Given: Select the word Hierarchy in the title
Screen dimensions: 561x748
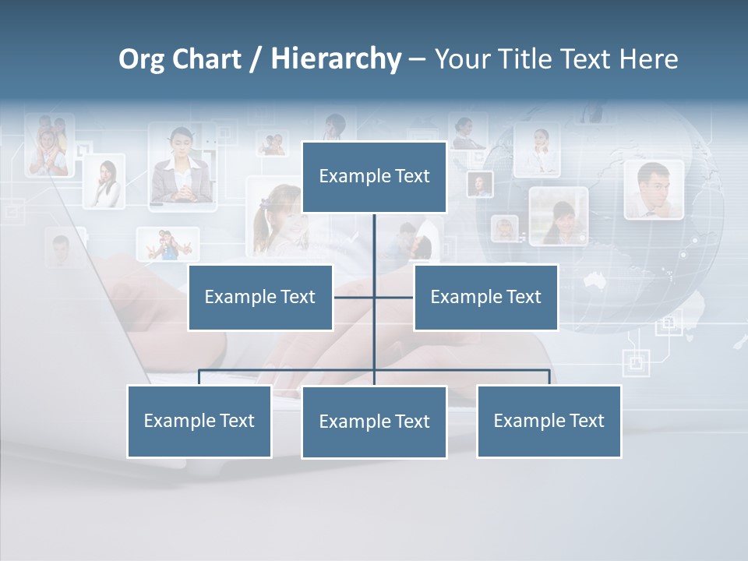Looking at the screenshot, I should click(x=336, y=60).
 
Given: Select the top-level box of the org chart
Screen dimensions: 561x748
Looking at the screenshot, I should click(x=374, y=177).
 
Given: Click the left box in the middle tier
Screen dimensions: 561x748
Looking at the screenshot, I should click(x=260, y=297).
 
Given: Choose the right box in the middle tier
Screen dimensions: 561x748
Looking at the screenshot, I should click(x=485, y=297).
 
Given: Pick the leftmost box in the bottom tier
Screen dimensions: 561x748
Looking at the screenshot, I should click(x=199, y=421).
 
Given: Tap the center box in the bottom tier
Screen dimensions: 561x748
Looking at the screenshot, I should click(x=374, y=422).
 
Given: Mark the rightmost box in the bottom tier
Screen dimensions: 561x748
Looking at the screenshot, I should click(x=549, y=421).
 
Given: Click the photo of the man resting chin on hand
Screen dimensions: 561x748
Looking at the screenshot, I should click(x=653, y=189).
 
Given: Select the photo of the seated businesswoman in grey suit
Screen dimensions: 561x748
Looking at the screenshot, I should click(x=182, y=168).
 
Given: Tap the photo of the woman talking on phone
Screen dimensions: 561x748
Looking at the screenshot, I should click(x=104, y=181).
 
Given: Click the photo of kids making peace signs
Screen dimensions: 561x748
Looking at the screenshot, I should click(x=168, y=244).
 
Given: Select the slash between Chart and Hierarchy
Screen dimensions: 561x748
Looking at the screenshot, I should click(x=256, y=60).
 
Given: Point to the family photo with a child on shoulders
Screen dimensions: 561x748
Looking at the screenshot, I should click(x=48, y=146).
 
